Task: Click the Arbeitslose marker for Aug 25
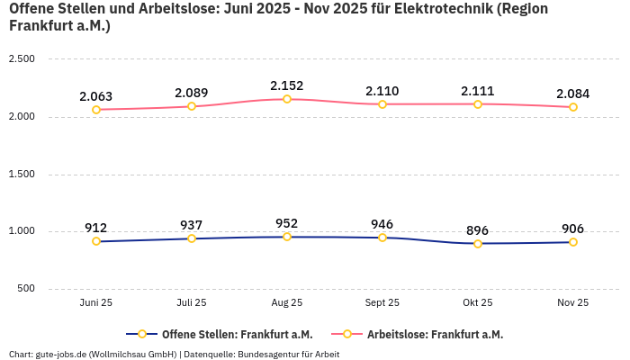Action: pos(287,99)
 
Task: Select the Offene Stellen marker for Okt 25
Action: pos(478,244)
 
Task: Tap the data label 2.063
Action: pos(96,96)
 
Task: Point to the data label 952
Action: pos(287,223)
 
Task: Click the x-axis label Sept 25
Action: pos(382,303)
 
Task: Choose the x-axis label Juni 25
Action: pos(96,303)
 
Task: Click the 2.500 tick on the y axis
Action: pos(22,59)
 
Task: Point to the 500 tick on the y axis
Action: pos(26,289)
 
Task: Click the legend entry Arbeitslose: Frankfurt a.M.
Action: pos(435,334)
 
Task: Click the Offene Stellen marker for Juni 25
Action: pos(96,241)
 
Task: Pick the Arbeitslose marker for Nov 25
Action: pos(573,107)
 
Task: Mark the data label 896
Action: pos(478,230)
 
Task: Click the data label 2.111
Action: pos(478,91)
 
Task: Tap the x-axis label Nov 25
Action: pos(573,303)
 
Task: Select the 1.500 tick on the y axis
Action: pos(22,174)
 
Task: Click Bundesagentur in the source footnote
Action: pos(268,354)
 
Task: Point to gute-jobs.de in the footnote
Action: pos(59,354)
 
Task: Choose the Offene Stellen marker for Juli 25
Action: pos(192,238)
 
